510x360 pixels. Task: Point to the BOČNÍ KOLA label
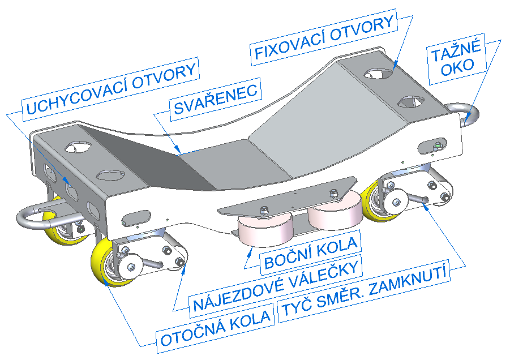310,253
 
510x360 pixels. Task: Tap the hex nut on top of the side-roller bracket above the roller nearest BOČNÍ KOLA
264,212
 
